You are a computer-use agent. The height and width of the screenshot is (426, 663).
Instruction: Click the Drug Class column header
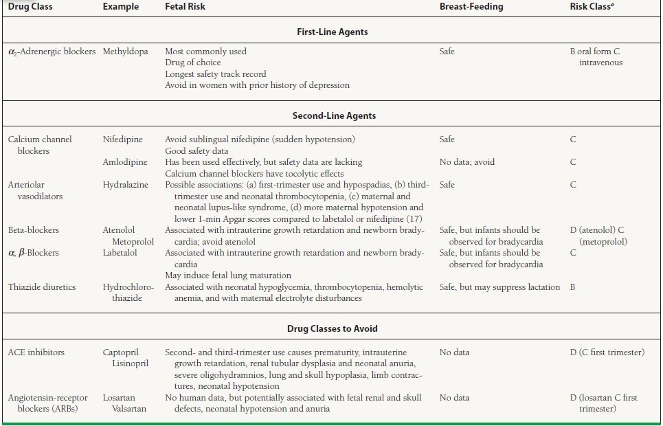tap(30, 7)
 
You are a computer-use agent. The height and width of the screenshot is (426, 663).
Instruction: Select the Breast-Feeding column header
tap(471, 7)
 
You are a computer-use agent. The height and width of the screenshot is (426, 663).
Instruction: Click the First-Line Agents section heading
tap(333, 32)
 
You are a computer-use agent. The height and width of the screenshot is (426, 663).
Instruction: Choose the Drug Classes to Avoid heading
tap(333, 329)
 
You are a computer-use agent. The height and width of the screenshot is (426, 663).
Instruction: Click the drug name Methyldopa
tap(126, 52)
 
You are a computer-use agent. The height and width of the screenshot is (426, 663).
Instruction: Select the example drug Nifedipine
tap(123, 139)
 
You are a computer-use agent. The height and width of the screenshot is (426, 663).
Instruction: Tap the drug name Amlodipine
tap(125, 162)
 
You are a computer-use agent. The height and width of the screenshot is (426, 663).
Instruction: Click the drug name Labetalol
tap(120, 253)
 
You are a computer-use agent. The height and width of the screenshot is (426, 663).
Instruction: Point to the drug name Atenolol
tap(119, 230)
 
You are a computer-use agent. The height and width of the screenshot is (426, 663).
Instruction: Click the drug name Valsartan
tap(129, 409)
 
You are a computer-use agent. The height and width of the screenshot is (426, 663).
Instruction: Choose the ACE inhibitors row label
tap(36, 352)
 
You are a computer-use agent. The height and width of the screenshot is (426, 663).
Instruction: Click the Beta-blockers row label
tap(34, 230)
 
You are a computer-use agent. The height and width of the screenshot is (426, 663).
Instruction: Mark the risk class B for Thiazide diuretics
tap(573, 287)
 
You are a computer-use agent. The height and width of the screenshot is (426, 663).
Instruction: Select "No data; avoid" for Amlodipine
tap(467, 162)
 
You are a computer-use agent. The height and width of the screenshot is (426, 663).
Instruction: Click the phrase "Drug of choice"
tap(193, 63)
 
